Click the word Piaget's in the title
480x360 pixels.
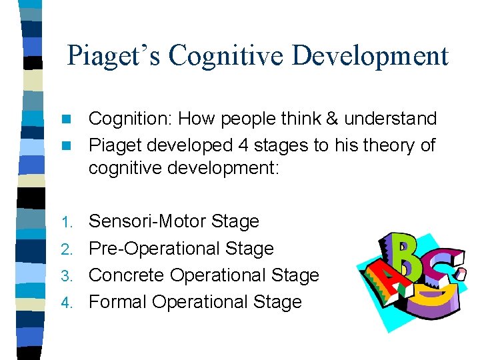tap(114, 56)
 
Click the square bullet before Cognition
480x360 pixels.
tap(65, 119)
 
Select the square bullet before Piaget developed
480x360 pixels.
tap(65, 145)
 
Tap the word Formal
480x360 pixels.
tap(118, 302)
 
